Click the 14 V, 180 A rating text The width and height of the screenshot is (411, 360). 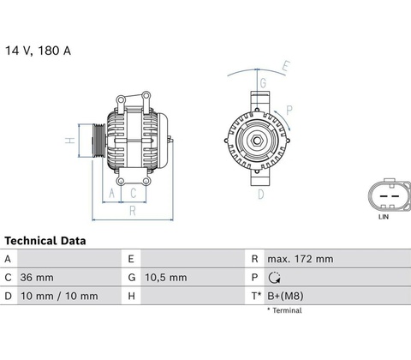click(x=38, y=51)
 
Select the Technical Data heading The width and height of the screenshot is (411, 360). click(x=45, y=241)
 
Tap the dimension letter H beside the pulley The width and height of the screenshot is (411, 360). click(x=70, y=141)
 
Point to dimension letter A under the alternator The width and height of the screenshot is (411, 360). click(x=111, y=193)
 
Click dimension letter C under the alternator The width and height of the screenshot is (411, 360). click(x=134, y=193)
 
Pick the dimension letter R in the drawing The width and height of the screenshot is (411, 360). click(x=133, y=211)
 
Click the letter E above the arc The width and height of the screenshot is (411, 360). click(x=286, y=66)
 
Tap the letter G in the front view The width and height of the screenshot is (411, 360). click(x=263, y=83)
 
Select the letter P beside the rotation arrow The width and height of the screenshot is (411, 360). click(x=289, y=110)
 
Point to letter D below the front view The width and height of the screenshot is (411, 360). click(x=261, y=195)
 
